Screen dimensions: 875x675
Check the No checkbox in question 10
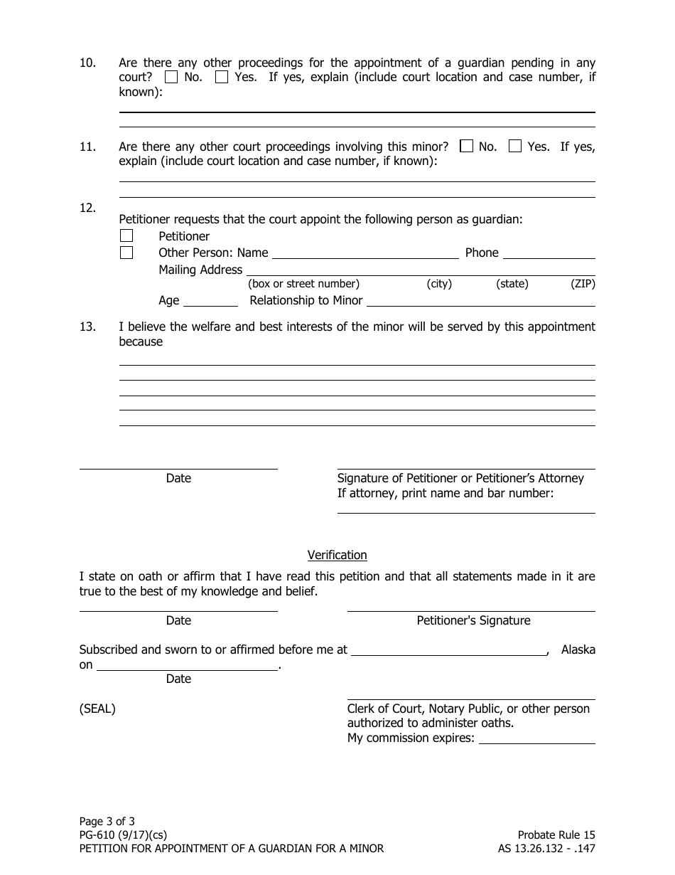tap(171, 78)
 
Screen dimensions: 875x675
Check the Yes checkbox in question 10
tap(222, 78)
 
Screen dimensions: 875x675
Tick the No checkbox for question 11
tap(466, 147)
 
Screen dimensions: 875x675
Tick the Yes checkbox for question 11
tap(515, 147)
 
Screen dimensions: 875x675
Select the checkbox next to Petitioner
tap(126, 235)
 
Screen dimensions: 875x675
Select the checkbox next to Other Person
tap(126, 253)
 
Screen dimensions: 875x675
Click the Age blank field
tap(210, 302)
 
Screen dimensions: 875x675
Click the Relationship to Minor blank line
tap(480, 302)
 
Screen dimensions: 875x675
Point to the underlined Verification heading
tap(337, 555)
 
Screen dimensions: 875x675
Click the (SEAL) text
tap(97, 709)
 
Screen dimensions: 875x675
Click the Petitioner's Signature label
tap(473, 620)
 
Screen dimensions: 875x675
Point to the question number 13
tap(87, 327)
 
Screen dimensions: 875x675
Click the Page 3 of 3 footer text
tap(107, 821)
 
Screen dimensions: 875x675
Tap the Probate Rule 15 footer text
tap(556, 835)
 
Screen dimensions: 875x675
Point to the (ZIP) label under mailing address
tap(583, 284)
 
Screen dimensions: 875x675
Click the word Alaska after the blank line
tap(578, 649)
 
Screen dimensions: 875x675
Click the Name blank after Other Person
tap(365, 254)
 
